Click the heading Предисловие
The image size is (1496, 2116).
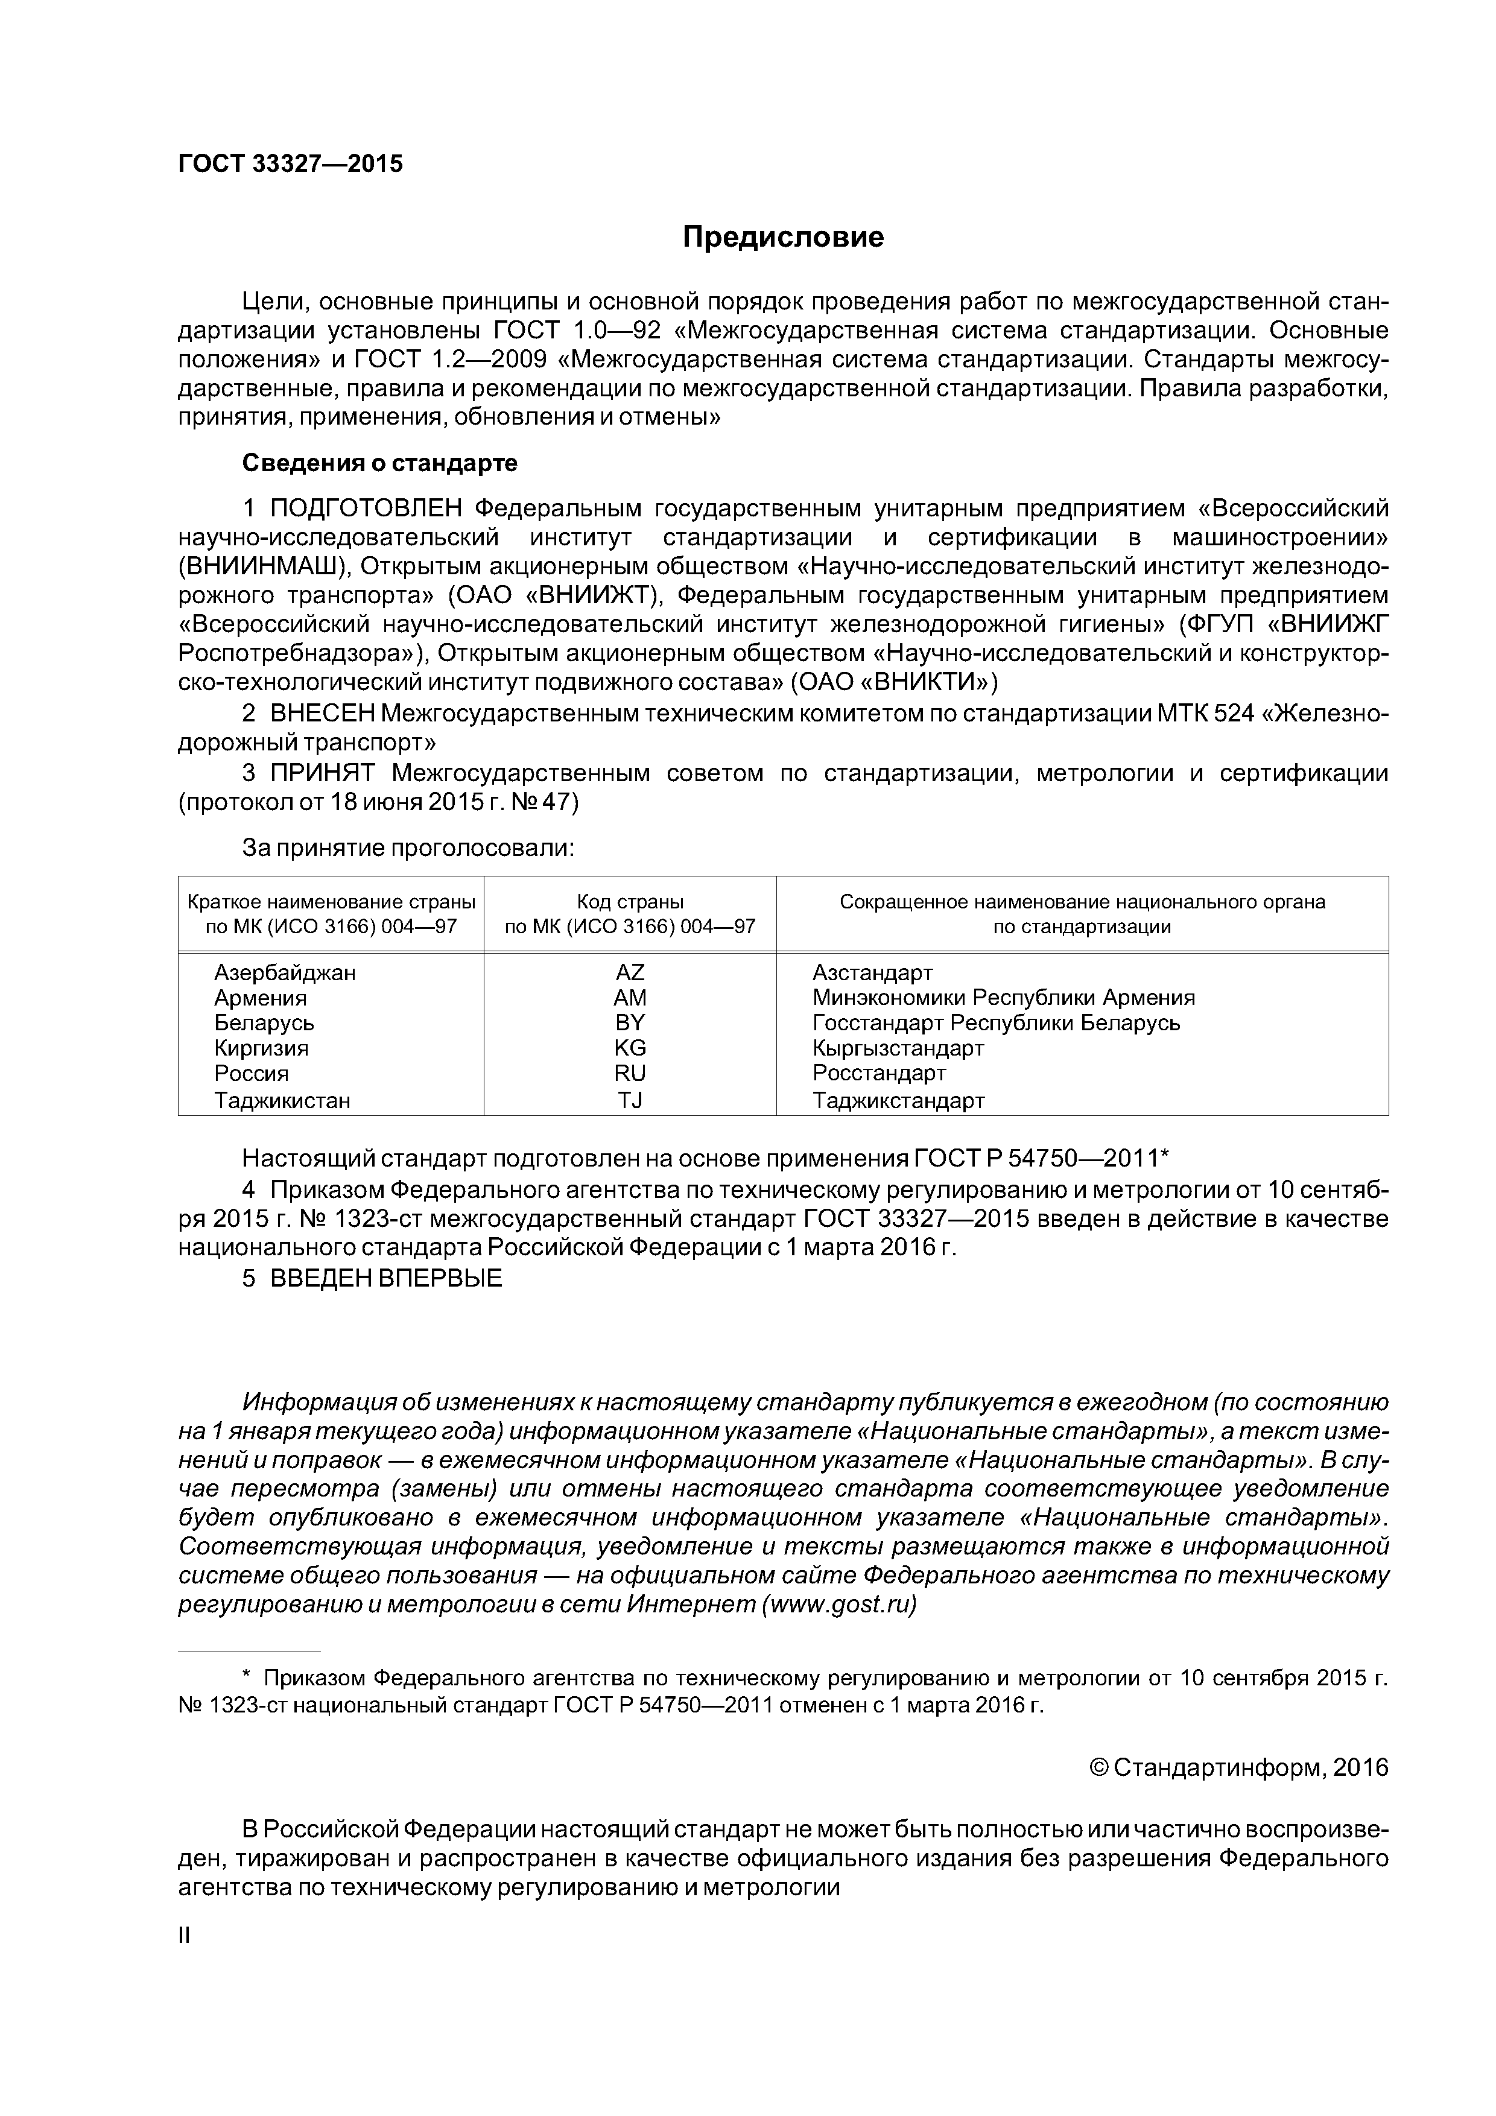tap(782, 238)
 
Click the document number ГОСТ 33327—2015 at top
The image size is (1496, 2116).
tap(290, 164)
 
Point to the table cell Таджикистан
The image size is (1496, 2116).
tap(282, 1100)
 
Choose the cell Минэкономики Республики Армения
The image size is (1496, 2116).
tap(1003, 998)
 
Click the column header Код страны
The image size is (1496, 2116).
tap(630, 902)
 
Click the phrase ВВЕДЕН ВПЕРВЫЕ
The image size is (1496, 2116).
tap(385, 1278)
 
